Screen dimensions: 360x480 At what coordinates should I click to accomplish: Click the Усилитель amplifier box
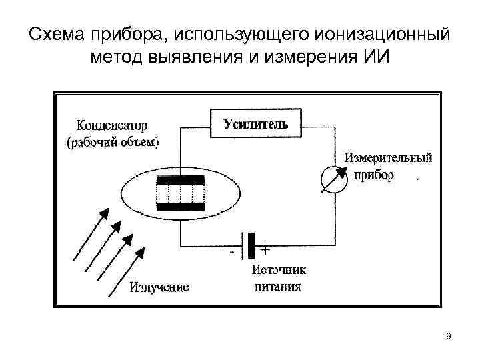[255, 123]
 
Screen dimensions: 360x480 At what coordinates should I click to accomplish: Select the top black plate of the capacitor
[180, 180]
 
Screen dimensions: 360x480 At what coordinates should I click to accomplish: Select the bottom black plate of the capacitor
[180, 207]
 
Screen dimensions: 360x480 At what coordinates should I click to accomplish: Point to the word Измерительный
[389, 159]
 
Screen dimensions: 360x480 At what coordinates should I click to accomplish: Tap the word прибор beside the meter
[369, 175]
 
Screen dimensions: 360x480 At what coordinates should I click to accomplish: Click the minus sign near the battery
[231, 253]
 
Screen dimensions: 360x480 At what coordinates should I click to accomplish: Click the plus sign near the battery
[265, 251]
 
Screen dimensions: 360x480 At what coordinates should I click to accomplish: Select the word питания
[278, 287]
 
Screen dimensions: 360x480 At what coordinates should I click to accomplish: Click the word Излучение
[159, 287]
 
